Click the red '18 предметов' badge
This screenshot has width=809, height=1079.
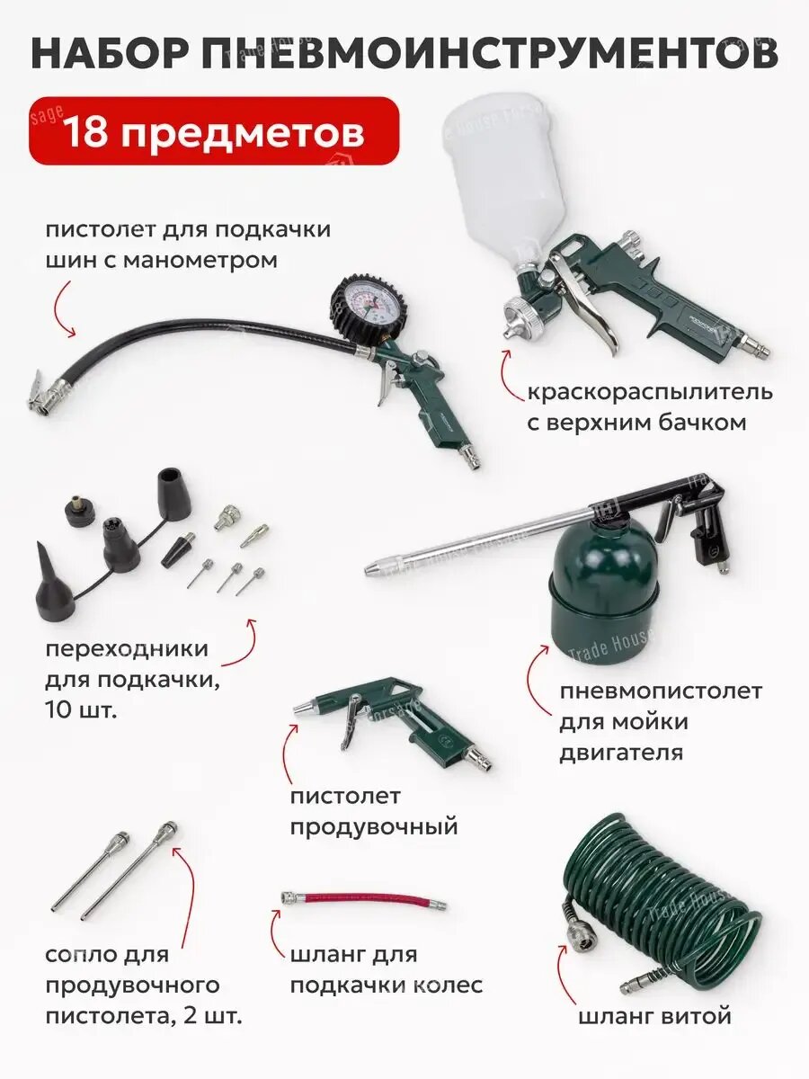(213, 131)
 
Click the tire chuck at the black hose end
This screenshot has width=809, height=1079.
(45, 394)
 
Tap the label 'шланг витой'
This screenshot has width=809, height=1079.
(654, 1016)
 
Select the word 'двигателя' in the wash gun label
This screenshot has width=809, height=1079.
(620, 752)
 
